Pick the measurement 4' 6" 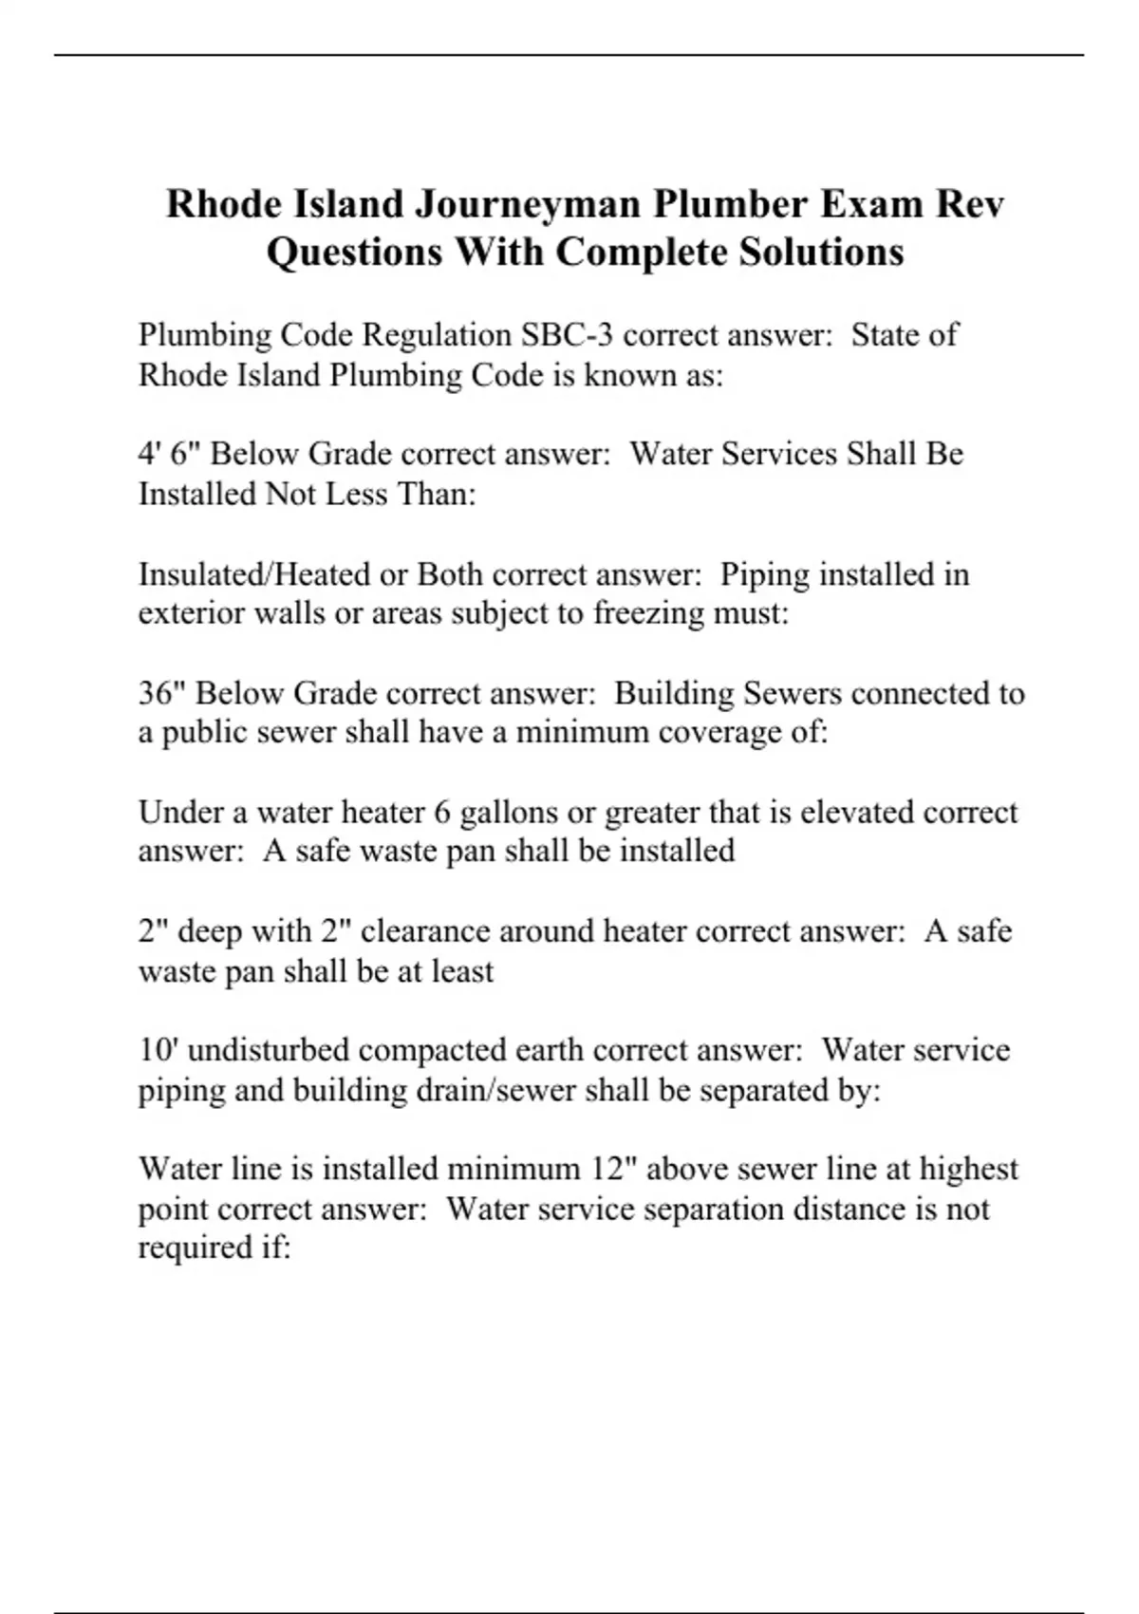[170, 454]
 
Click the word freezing [656, 614]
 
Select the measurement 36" [162, 693]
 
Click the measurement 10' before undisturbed [153, 1050]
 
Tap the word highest [968, 1169]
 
